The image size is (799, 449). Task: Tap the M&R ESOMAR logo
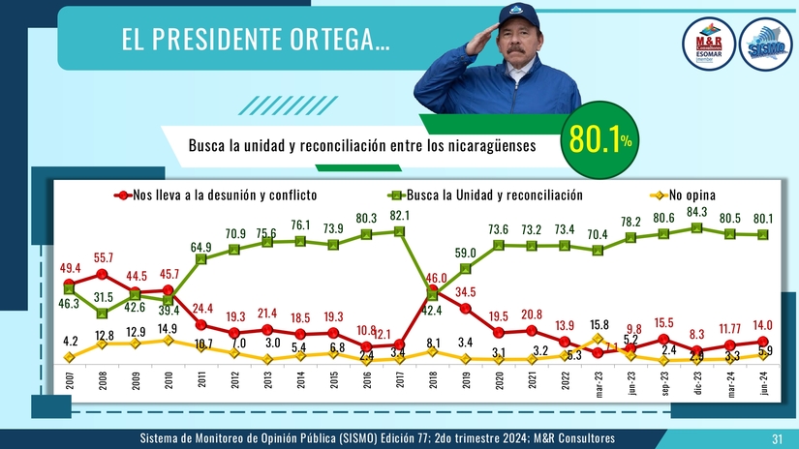click(716, 46)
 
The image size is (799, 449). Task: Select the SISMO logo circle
click(765, 46)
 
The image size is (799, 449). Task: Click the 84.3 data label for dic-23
click(696, 212)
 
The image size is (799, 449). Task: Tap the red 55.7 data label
click(103, 258)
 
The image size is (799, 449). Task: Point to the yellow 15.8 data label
click(599, 323)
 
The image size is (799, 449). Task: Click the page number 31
click(776, 439)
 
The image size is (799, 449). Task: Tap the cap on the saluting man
click(518, 14)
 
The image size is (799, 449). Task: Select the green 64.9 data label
click(201, 247)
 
